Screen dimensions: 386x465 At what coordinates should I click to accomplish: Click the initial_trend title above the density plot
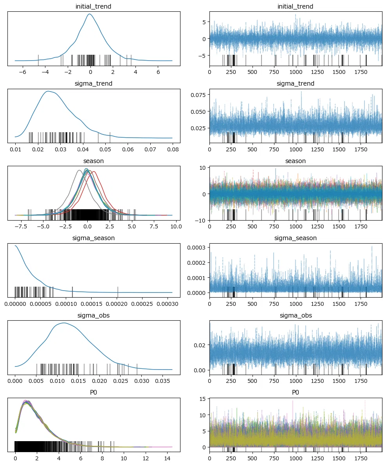93,7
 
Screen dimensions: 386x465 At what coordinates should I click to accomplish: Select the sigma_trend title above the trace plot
296,84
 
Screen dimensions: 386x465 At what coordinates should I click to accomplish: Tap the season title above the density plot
93,161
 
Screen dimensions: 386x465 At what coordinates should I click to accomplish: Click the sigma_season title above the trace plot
296,238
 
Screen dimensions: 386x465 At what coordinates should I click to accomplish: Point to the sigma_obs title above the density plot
93,316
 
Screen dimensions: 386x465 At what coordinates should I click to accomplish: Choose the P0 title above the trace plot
296,393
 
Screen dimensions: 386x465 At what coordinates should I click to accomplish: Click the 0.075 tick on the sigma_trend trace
198,95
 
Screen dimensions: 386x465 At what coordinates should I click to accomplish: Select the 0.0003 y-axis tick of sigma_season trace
196,248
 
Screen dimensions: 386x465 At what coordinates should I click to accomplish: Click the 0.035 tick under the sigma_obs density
163,381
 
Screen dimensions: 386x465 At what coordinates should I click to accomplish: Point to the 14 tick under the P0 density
168,458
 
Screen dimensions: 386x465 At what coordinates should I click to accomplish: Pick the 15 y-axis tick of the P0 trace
202,399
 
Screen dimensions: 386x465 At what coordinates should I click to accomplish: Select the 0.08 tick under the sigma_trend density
173,149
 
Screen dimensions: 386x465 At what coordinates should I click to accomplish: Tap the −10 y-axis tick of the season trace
200,220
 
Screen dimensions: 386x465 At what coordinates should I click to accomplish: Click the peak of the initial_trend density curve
89,14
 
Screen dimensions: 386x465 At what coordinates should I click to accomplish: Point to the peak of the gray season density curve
79,170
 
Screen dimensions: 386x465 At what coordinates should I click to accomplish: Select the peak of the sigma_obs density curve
64,323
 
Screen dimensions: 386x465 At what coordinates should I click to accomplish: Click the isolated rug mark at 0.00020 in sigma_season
118,292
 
